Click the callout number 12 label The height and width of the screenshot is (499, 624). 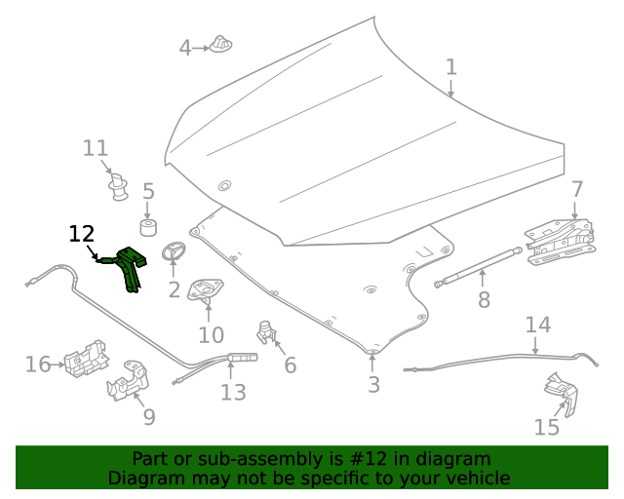pos(82,234)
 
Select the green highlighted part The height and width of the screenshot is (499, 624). pos(128,265)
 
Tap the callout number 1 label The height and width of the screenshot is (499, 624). pos(451,67)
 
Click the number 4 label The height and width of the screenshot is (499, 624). pos(185,47)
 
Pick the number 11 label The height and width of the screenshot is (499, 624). pos(95,148)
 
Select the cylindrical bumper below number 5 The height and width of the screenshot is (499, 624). pos(149,228)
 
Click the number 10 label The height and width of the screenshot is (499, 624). pos(211,335)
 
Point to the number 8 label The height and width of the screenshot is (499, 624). pos(485,300)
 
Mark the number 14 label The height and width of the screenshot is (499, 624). pos(537,325)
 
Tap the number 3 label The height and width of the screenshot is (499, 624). pos(373,385)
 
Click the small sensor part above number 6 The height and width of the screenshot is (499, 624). pos(266,329)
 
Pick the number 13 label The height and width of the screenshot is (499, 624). pos(233,393)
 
